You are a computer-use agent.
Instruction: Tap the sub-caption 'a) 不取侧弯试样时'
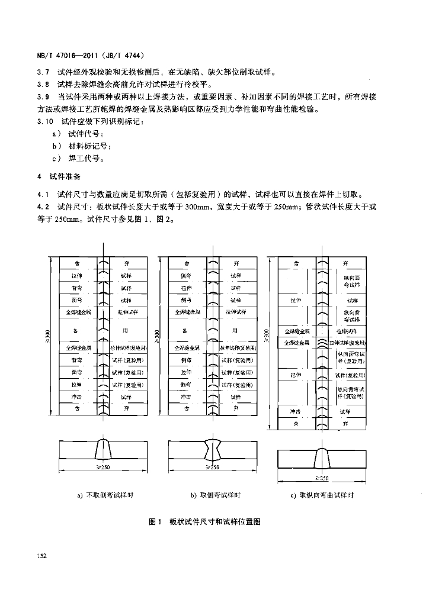pos(105,495)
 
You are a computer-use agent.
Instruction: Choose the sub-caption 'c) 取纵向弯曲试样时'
pos(321,495)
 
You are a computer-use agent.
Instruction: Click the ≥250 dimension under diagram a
pos(104,468)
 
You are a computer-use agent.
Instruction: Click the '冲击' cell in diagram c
pos(295,412)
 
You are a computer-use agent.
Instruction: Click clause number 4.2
pos(43,207)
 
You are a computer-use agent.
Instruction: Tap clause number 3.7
pos(43,72)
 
